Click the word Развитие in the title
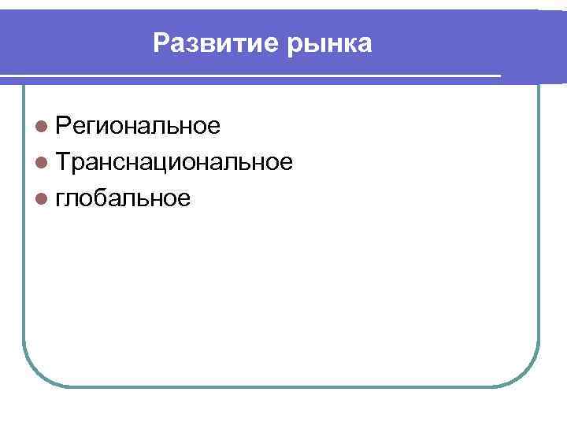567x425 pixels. [208, 42]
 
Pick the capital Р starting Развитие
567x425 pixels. [161, 42]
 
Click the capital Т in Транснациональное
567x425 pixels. [65, 162]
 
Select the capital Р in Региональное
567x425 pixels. [64, 125]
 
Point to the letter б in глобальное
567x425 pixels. [99, 198]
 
